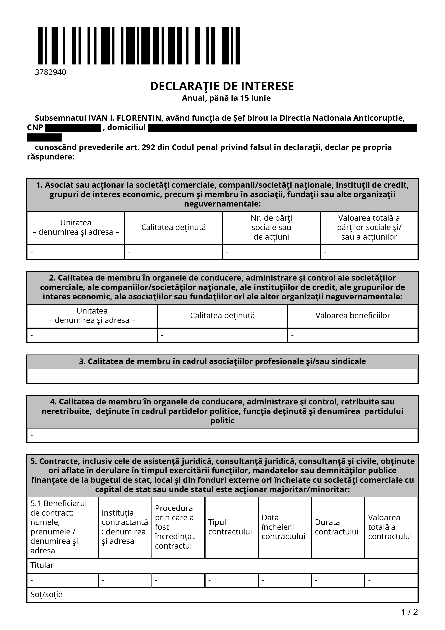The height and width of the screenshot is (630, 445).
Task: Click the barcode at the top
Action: click(139, 46)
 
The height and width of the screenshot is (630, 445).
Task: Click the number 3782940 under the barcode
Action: click(50, 72)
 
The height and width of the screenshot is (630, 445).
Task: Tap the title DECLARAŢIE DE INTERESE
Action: click(222, 86)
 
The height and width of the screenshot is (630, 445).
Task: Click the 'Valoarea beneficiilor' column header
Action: click(353, 316)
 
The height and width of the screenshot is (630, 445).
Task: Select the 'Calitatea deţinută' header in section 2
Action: click(222, 316)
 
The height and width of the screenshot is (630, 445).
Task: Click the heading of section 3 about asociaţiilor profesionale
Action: click(222, 361)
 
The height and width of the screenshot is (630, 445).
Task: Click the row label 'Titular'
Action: click(42, 565)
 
